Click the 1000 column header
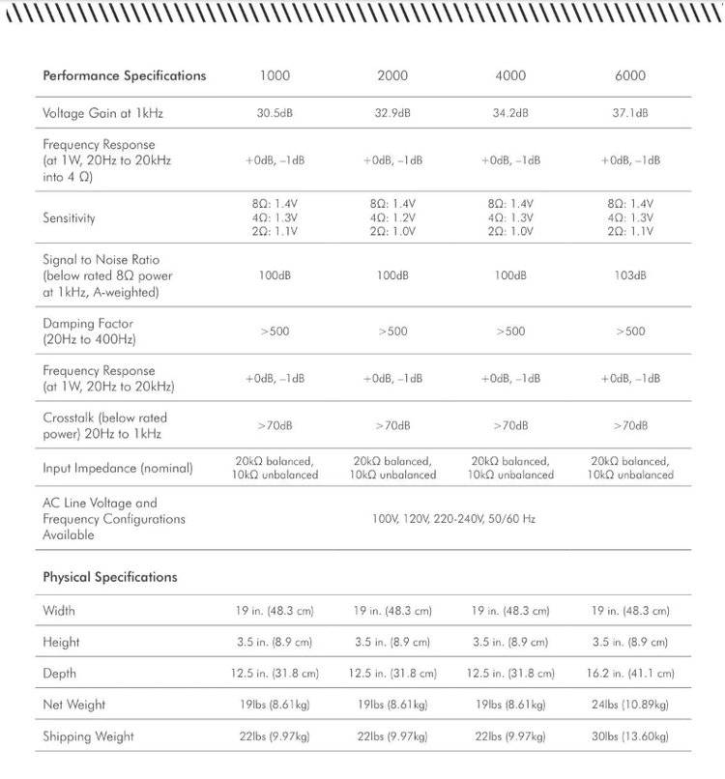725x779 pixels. click(275, 75)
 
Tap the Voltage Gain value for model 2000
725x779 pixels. click(392, 113)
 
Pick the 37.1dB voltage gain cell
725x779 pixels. click(629, 113)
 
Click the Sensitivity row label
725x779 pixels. click(69, 218)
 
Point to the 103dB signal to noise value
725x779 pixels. click(629, 275)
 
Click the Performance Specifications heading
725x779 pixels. click(125, 75)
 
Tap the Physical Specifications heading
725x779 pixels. click(110, 577)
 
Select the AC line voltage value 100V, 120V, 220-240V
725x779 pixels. click(453, 519)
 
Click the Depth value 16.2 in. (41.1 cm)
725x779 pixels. click(632, 673)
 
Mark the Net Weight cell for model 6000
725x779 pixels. click(632, 705)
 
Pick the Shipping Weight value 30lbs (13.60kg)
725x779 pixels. click(632, 736)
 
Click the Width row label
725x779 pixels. click(59, 611)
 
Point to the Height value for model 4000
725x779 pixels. click(510, 642)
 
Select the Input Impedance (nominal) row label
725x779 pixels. click(118, 468)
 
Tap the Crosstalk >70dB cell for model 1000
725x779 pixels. click(275, 425)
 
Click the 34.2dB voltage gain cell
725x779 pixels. click(510, 113)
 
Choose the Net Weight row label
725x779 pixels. click(74, 705)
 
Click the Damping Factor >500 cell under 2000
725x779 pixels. click(392, 332)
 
